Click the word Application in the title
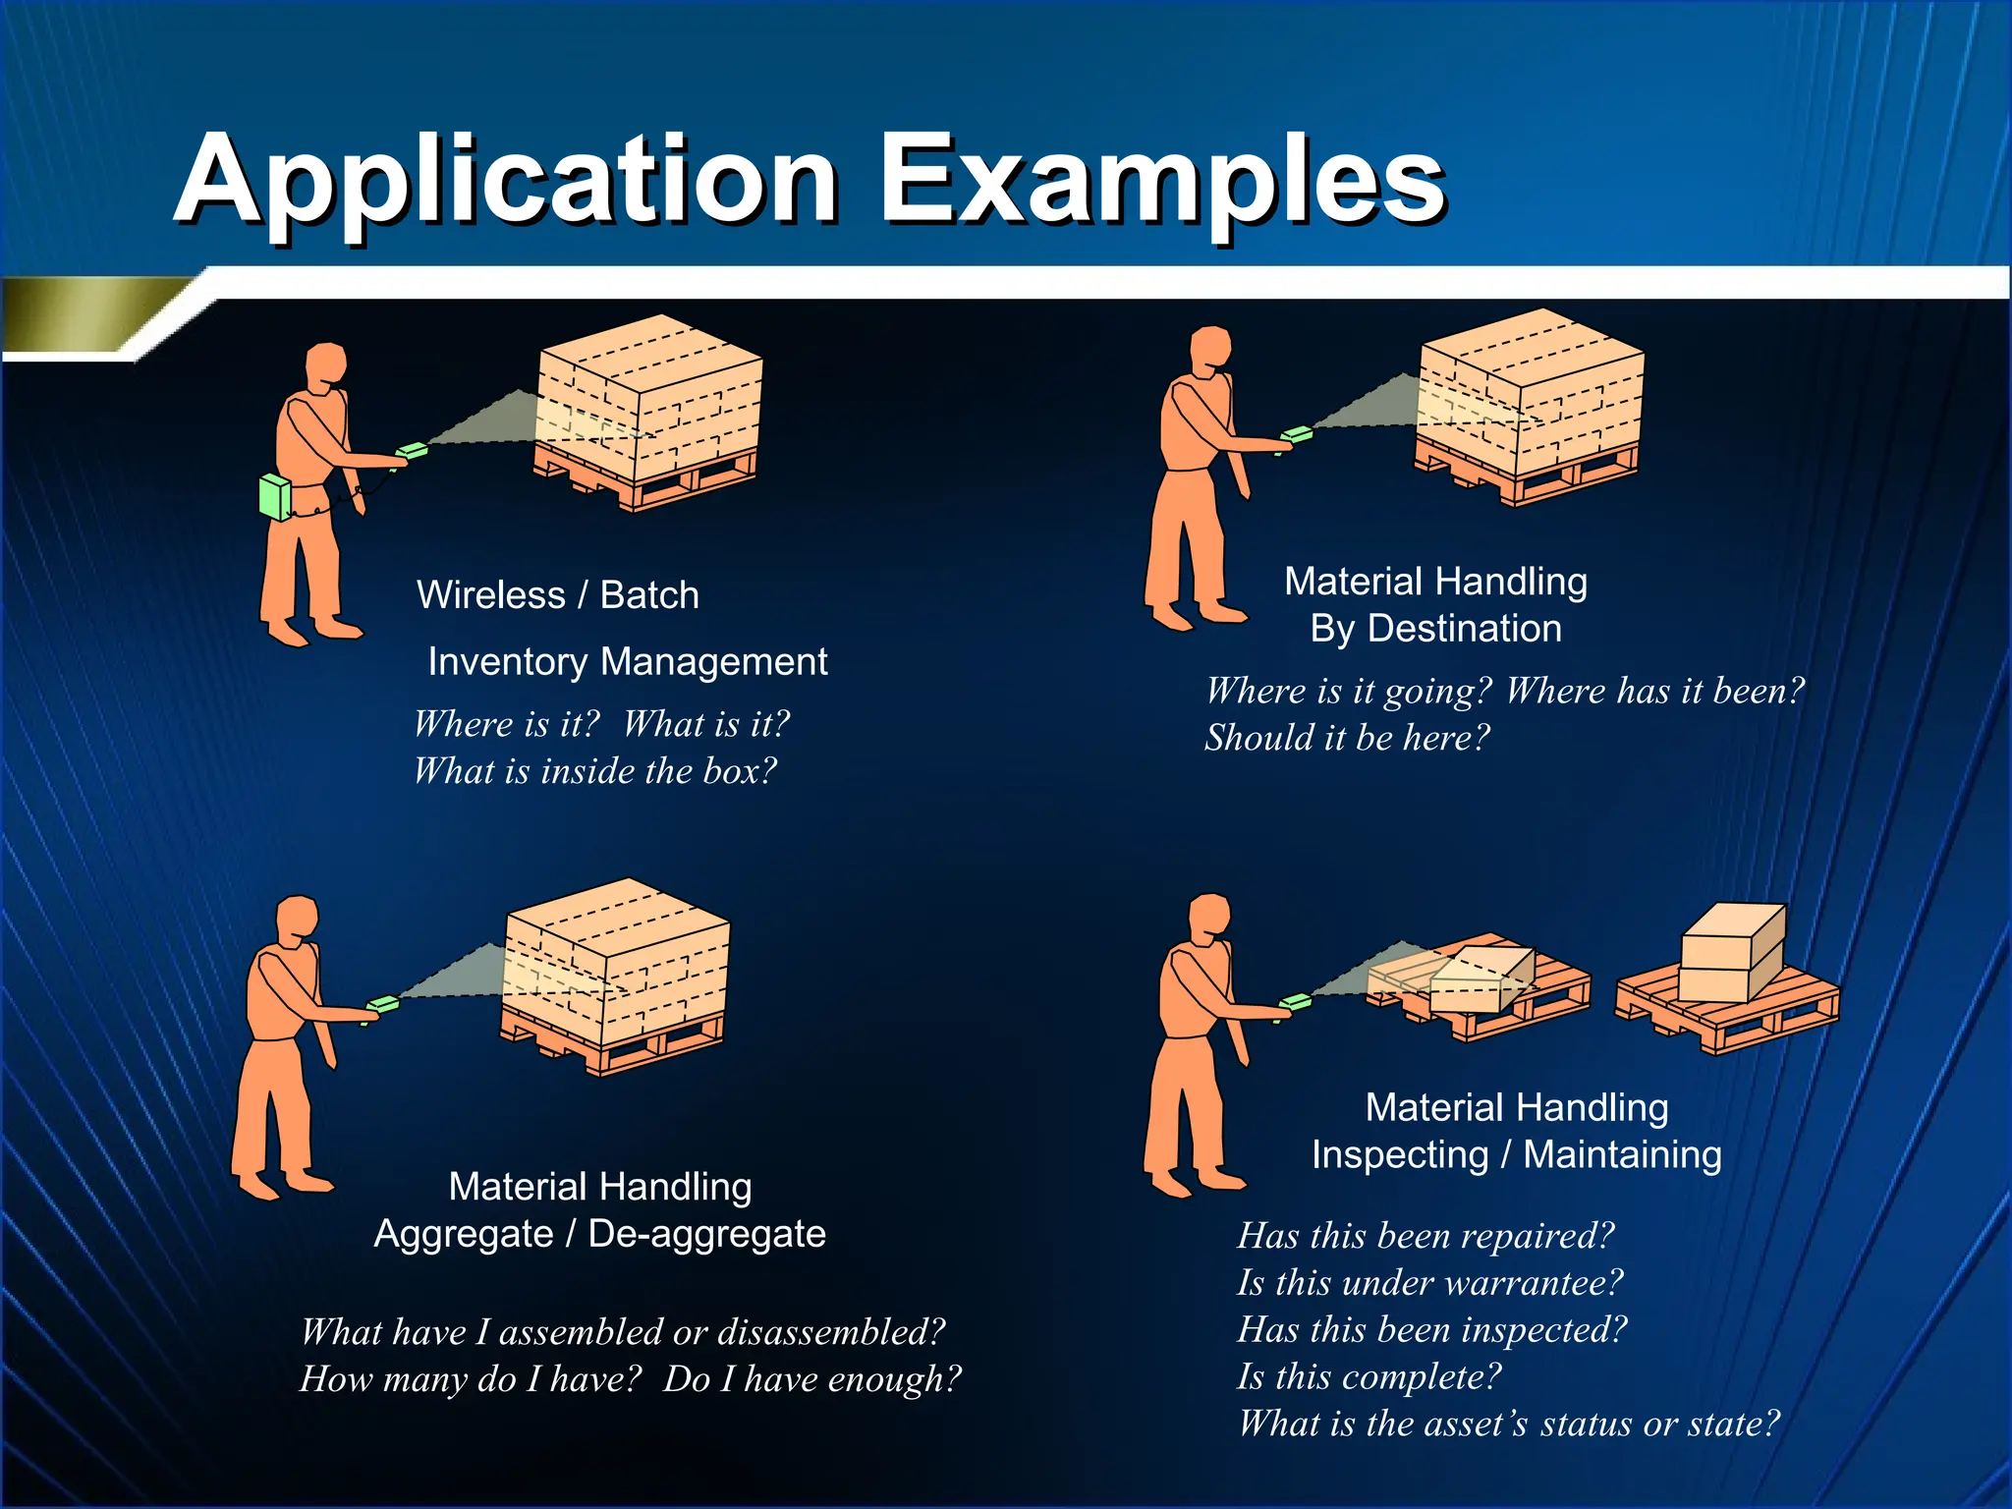(x=506, y=182)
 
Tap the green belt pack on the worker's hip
(x=275, y=497)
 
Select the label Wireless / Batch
(x=557, y=595)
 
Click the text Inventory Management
(x=627, y=662)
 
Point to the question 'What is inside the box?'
(x=594, y=771)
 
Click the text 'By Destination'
(x=1435, y=629)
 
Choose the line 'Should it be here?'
(x=1347, y=738)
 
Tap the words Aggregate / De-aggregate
(x=599, y=1234)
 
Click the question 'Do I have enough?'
(x=811, y=1379)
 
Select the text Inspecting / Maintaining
(x=1516, y=1155)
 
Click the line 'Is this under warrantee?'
(x=1429, y=1283)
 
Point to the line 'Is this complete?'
(x=1369, y=1377)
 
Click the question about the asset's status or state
(x=1508, y=1425)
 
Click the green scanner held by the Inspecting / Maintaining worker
(x=1296, y=1003)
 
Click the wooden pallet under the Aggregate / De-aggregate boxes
(x=609, y=1047)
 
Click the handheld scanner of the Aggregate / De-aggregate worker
(x=383, y=1005)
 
